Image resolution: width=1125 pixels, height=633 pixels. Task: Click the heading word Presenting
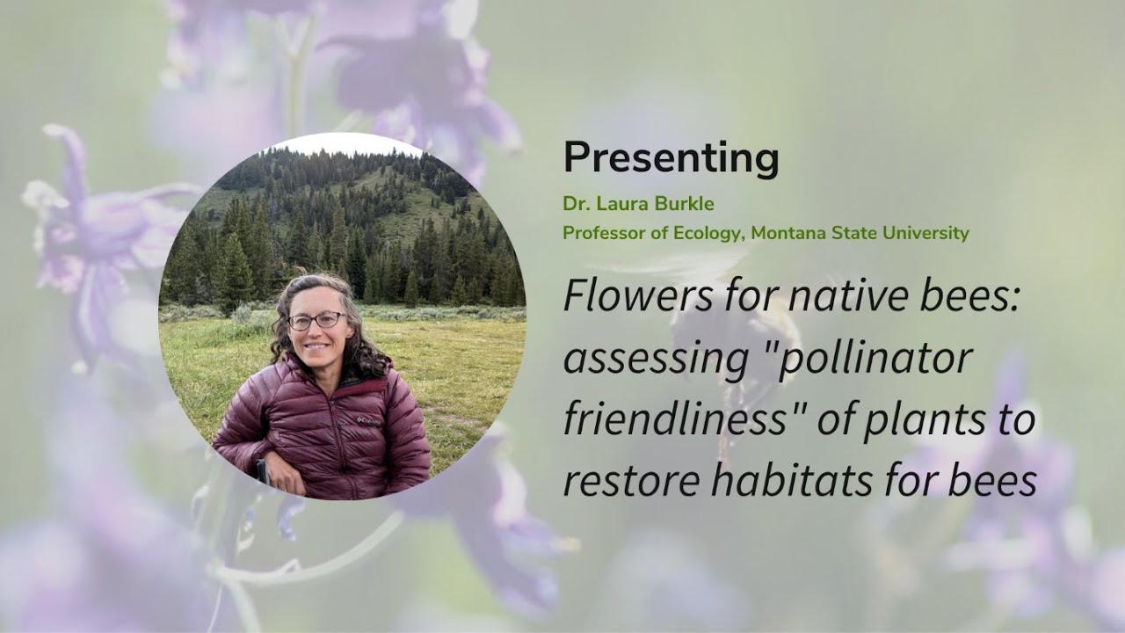point(671,159)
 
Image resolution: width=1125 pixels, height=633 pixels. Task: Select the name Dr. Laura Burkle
point(638,204)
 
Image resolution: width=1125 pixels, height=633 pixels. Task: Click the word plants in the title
point(921,420)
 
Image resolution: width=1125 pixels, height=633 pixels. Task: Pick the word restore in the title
point(620,482)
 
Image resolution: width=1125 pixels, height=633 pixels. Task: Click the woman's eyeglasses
point(316,321)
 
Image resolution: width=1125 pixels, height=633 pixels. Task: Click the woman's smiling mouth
point(318,347)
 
